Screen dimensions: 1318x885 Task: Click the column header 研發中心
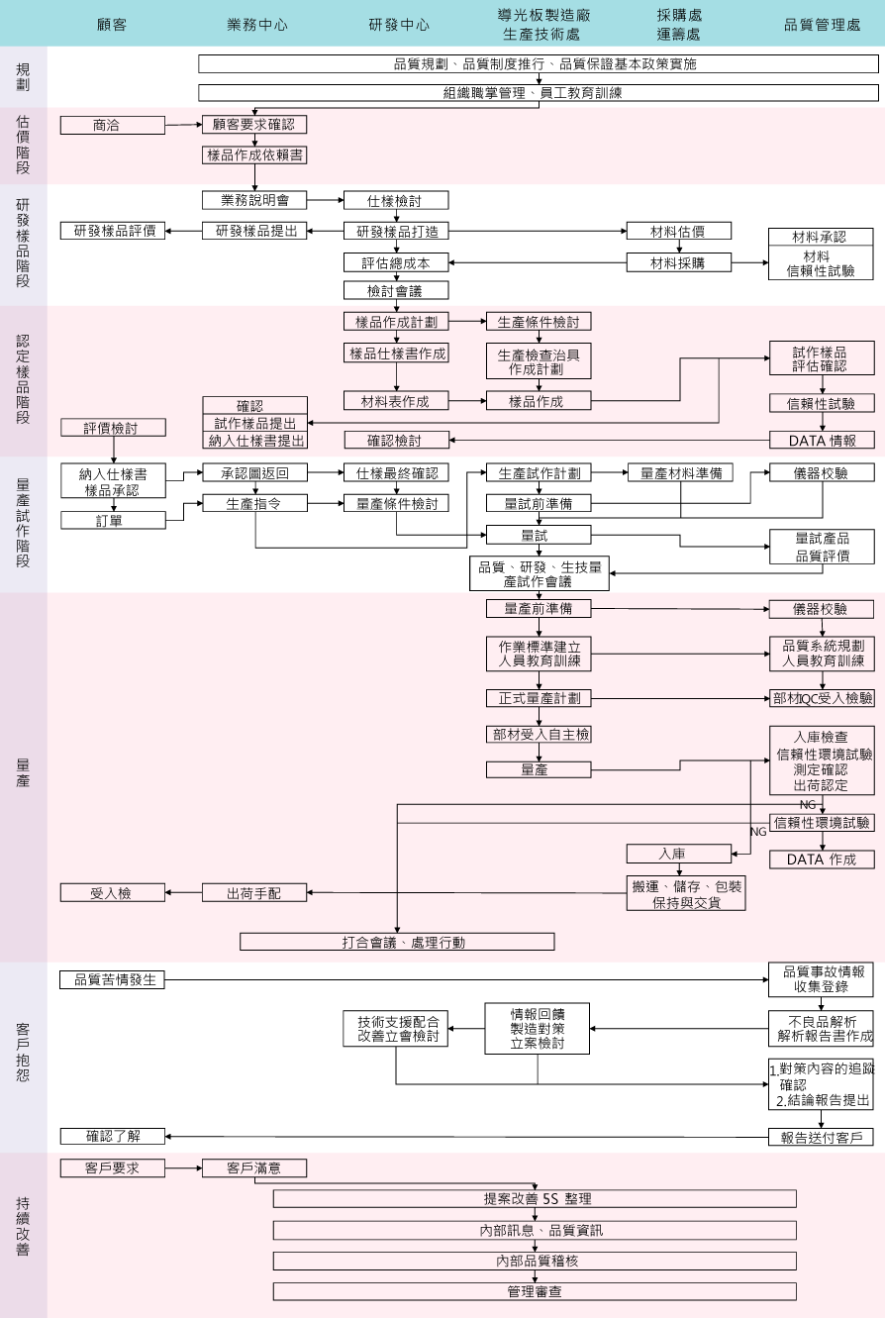coord(399,25)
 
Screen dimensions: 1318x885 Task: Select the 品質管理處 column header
coord(822,25)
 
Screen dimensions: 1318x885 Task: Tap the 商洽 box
coord(113,125)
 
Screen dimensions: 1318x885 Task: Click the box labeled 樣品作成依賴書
coord(254,154)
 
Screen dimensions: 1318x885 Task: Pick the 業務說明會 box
coord(254,200)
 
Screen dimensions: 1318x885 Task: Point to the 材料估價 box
coord(678,231)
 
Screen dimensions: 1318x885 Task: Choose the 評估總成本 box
coord(396,262)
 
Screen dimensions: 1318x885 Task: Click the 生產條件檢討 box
coord(539,322)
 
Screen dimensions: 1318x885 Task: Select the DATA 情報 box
coord(822,440)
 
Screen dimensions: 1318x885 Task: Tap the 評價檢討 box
coord(113,428)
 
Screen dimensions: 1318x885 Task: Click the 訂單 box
coord(113,520)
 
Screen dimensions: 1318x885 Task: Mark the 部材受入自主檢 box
coord(539,734)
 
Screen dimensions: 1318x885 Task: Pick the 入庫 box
coord(678,854)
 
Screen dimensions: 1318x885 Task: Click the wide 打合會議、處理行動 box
coord(396,942)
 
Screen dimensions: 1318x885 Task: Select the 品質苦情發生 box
coord(113,980)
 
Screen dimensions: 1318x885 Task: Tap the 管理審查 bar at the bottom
coord(535,1291)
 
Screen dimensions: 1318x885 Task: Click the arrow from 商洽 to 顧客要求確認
coord(183,125)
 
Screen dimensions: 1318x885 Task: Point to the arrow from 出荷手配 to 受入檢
coord(184,893)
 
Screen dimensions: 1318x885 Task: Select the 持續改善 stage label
coord(23,1227)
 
